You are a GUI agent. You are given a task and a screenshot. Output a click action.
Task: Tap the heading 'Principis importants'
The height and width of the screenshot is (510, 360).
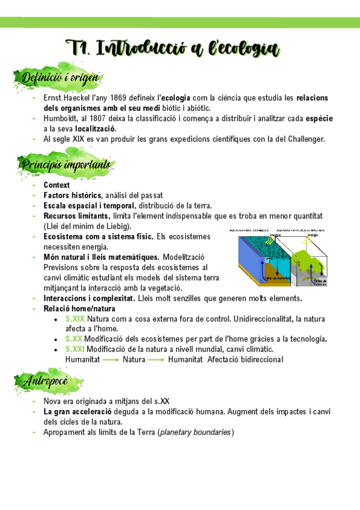[66, 164]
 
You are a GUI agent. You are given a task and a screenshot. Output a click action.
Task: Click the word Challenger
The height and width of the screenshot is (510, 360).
[304, 139]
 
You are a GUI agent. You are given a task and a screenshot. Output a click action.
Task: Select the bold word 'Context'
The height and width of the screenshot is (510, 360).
[56, 185]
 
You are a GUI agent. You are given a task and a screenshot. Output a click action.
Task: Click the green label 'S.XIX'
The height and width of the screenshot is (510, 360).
[75, 319]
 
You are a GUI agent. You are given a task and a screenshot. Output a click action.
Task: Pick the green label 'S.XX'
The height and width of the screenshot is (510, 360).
[73, 339]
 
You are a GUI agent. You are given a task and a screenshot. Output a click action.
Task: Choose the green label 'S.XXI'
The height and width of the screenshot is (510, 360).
[75, 349]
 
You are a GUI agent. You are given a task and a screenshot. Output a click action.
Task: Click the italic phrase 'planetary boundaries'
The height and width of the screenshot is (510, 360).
[195, 432]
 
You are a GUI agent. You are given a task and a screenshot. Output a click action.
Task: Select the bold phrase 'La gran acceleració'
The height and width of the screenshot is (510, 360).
[77, 412]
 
